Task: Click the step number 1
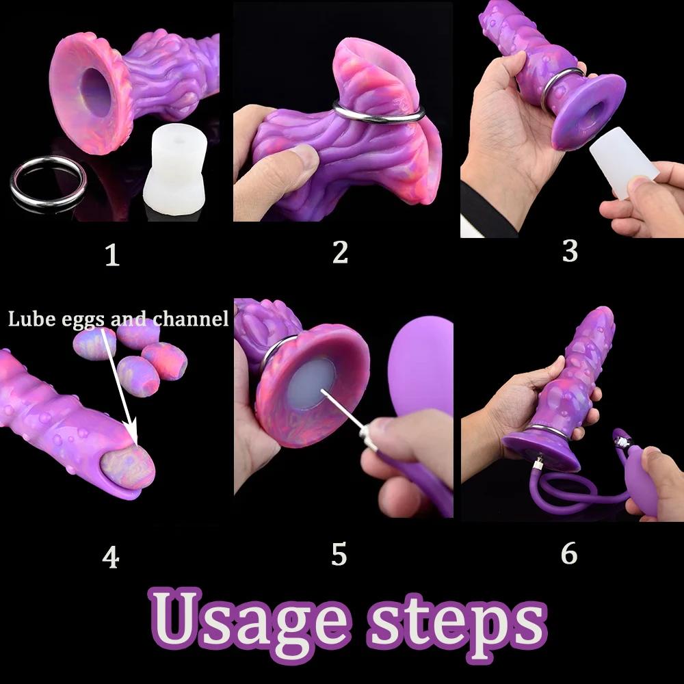112,255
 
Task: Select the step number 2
340,252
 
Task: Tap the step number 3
570,251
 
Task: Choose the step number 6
569,553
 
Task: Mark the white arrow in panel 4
121,383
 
